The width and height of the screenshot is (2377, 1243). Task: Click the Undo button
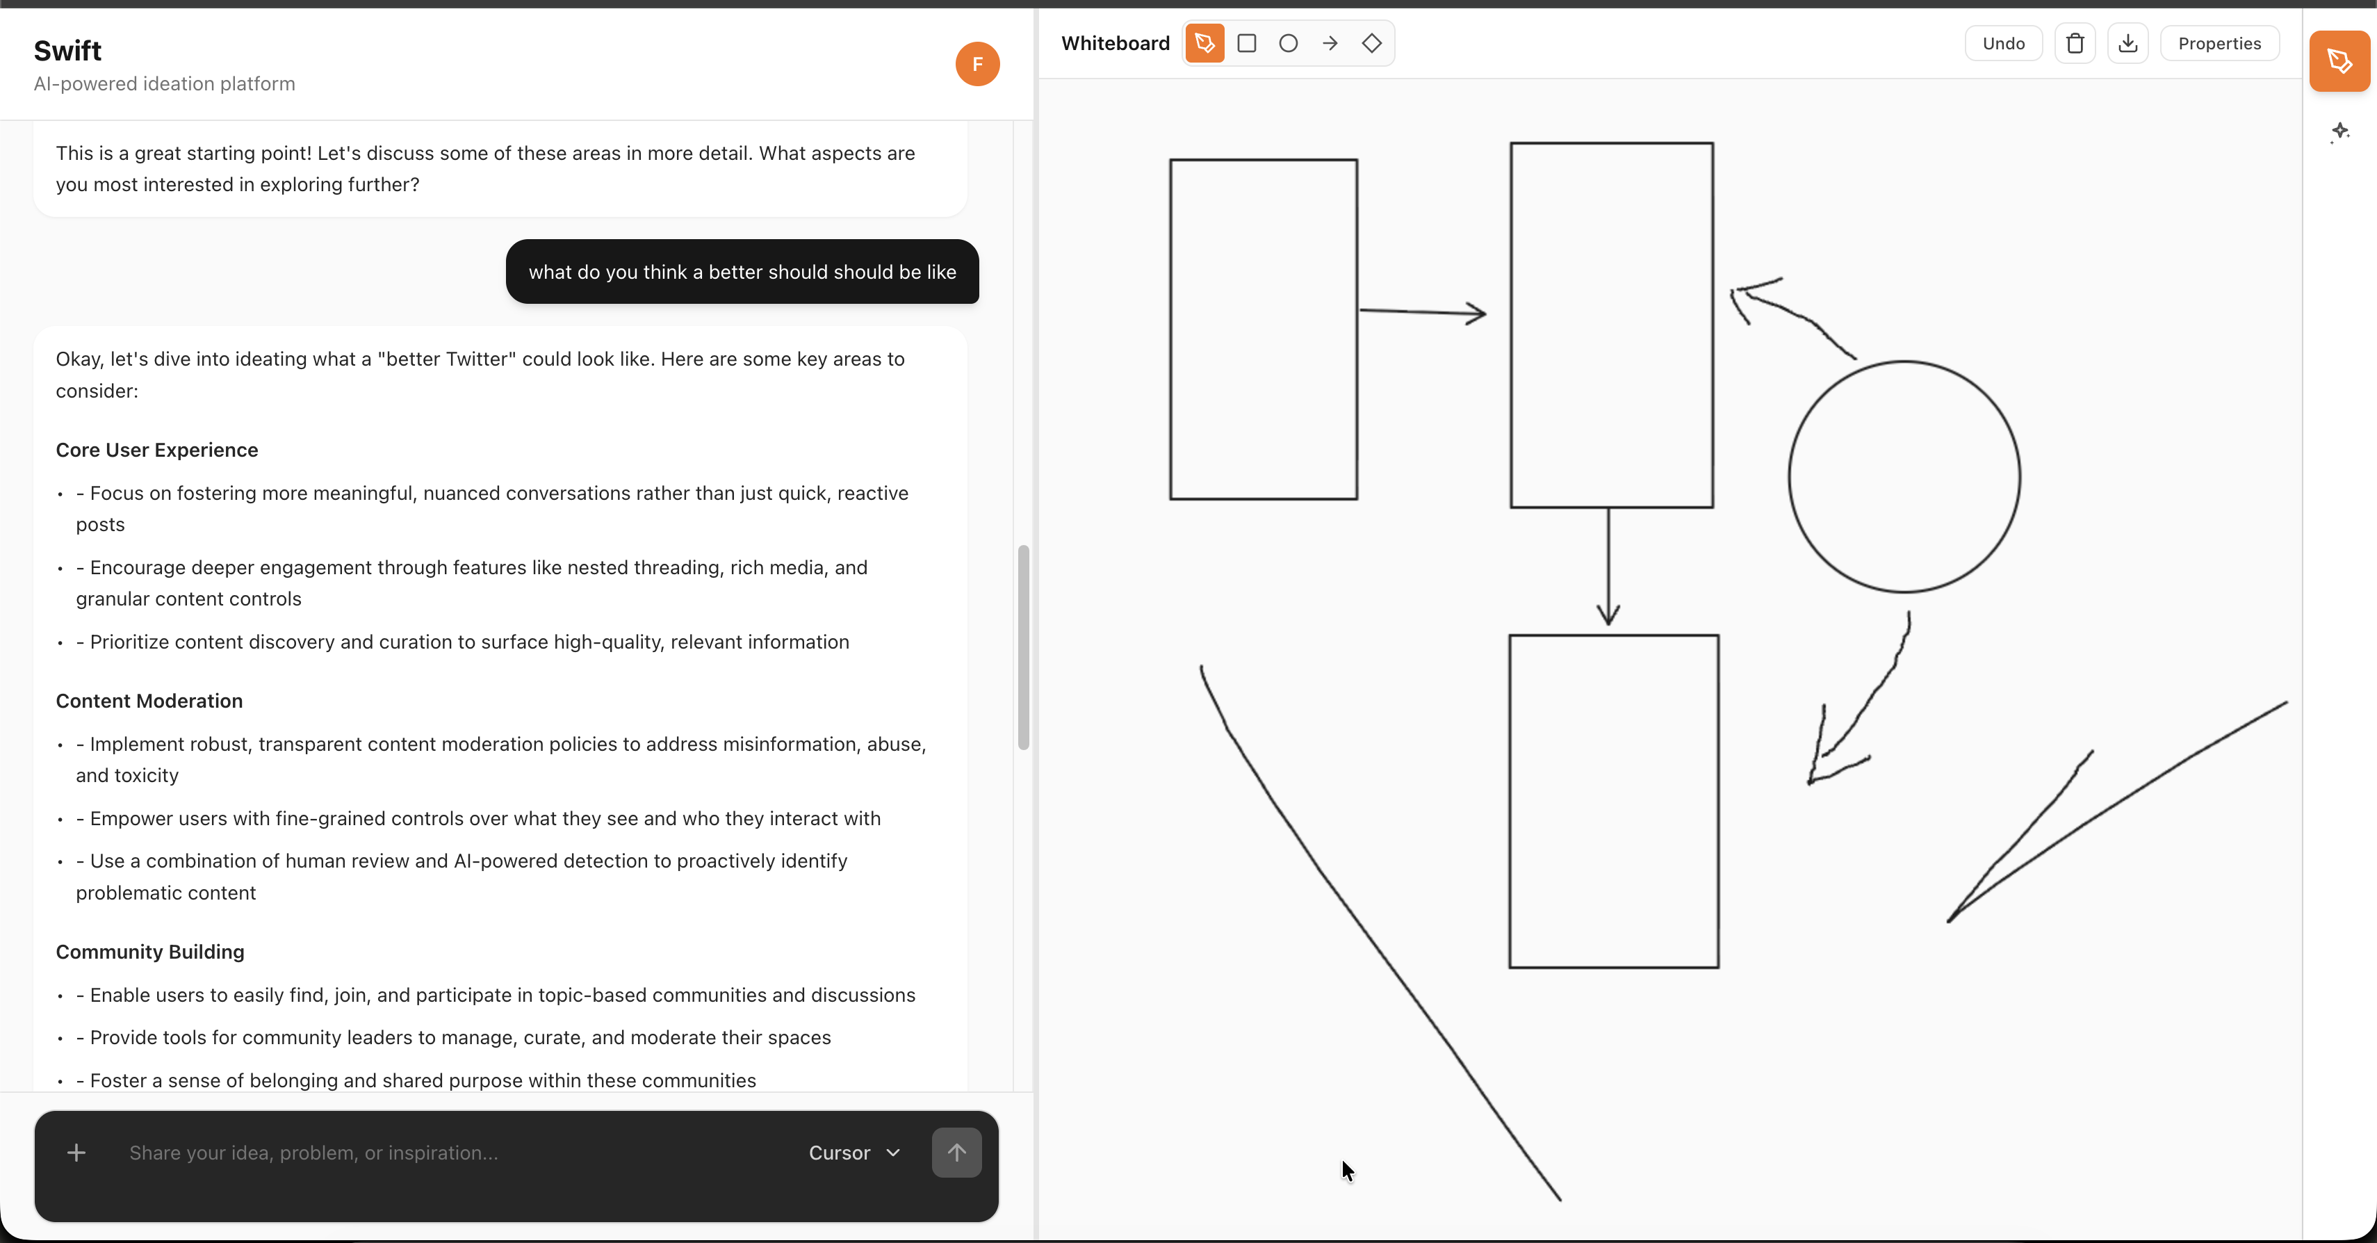pyautogui.click(x=2002, y=43)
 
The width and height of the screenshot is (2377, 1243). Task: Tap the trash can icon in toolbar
pyautogui.click(x=2075, y=43)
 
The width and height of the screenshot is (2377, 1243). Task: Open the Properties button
pyautogui.click(x=2219, y=43)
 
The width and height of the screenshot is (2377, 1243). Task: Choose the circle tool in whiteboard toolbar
pyautogui.click(x=1288, y=43)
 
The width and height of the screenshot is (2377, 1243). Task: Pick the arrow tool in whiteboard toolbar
pyautogui.click(x=1330, y=43)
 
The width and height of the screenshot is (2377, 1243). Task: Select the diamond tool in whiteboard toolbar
pyautogui.click(x=1371, y=43)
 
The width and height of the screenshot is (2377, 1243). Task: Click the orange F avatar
pyautogui.click(x=977, y=64)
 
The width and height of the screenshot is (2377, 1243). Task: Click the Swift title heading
pyautogui.click(x=67, y=51)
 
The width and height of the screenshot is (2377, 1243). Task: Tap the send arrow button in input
pyautogui.click(x=956, y=1152)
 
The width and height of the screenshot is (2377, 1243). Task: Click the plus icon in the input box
pyautogui.click(x=76, y=1153)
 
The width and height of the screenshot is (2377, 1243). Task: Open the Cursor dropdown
pyautogui.click(x=853, y=1153)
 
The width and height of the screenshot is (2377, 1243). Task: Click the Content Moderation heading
pyautogui.click(x=149, y=700)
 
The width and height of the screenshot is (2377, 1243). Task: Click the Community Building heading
pyautogui.click(x=149, y=952)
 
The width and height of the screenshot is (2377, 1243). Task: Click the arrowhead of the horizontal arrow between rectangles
pyautogui.click(x=1480, y=314)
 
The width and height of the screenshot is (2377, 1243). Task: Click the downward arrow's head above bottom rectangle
pyautogui.click(x=1608, y=617)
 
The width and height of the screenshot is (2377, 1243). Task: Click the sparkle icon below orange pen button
pyautogui.click(x=2339, y=131)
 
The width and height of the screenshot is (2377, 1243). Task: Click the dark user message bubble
pyautogui.click(x=742, y=271)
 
